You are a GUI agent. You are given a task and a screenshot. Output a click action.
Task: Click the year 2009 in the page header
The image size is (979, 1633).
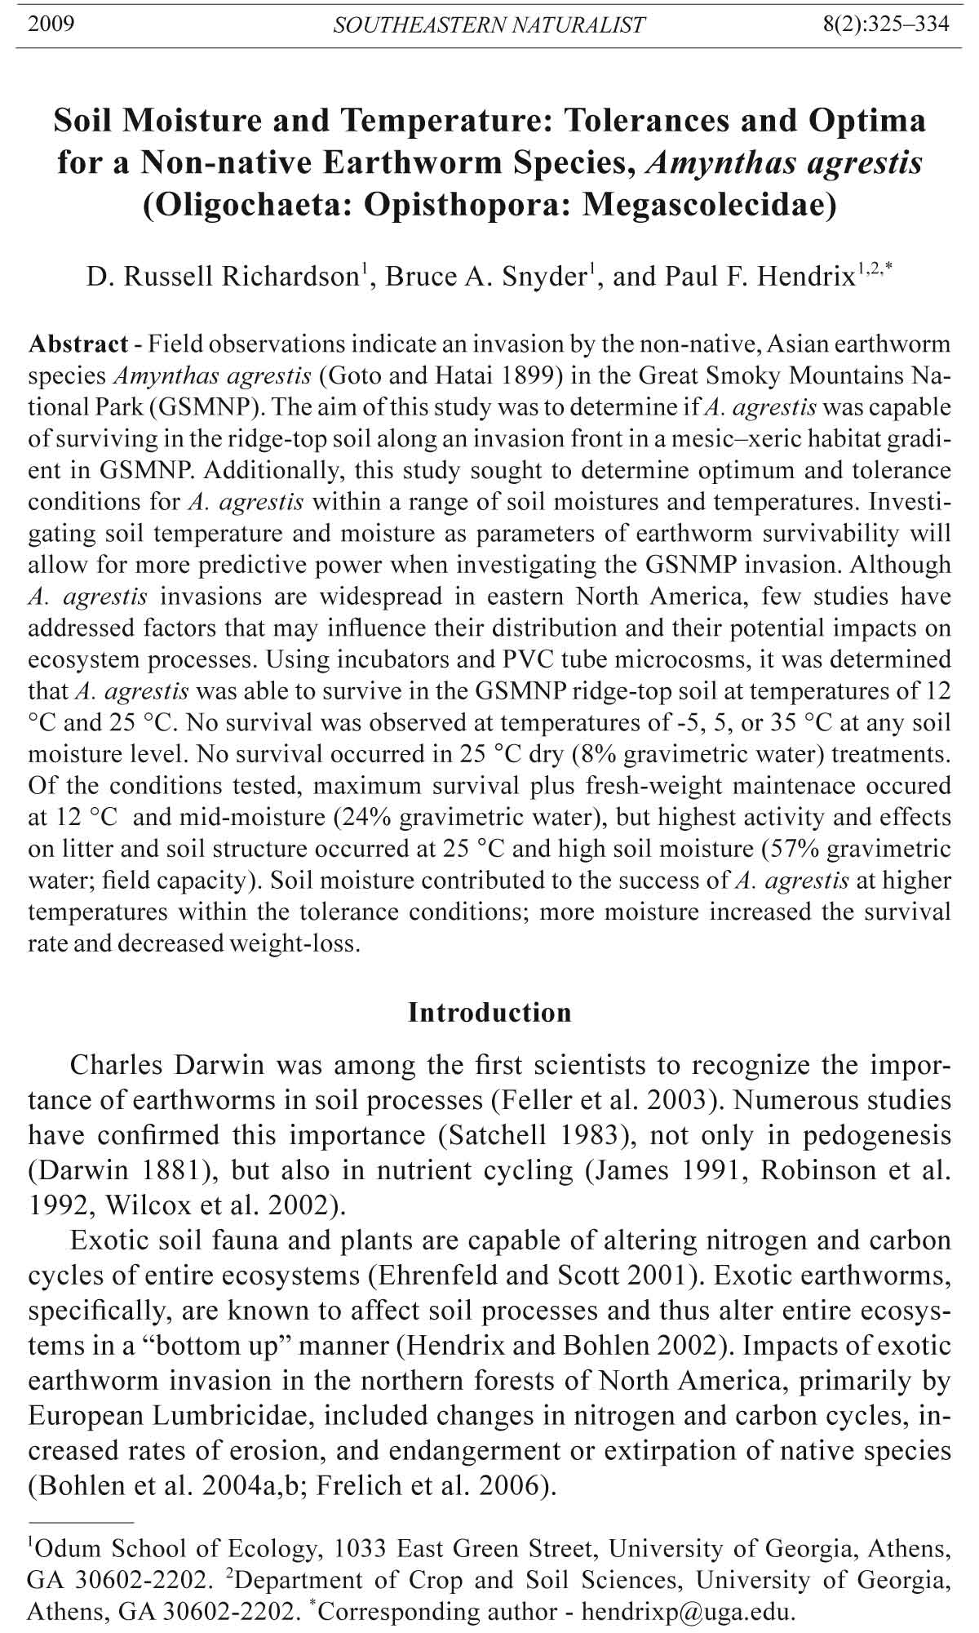pyautogui.click(x=51, y=24)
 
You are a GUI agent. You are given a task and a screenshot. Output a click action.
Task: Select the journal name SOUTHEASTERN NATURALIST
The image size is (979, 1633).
pyautogui.click(x=489, y=25)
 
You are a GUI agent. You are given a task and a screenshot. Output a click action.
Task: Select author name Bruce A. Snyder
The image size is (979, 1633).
pyautogui.click(x=486, y=277)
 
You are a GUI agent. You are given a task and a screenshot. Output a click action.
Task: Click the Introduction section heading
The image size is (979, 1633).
pyautogui.click(x=489, y=1012)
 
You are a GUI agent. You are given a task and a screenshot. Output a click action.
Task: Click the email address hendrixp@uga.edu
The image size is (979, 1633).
pyautogui.click(x=686, y=1612)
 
